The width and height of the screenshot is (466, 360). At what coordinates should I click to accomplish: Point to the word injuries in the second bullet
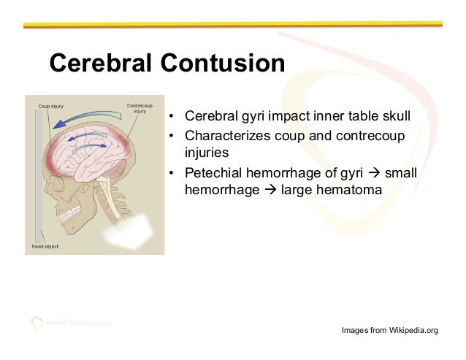[207, 154]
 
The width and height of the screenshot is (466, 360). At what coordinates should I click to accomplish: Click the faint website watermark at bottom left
[77, 321]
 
